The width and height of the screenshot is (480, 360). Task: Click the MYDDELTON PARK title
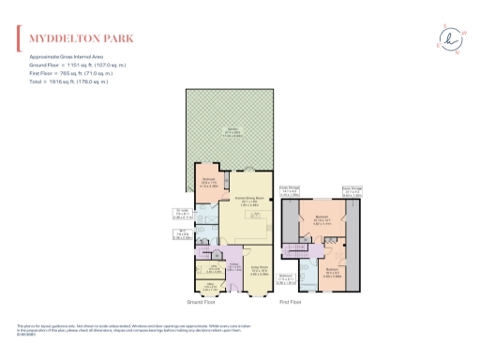[x=81, y=39]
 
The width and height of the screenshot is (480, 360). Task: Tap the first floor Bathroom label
[x=289, y=277]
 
